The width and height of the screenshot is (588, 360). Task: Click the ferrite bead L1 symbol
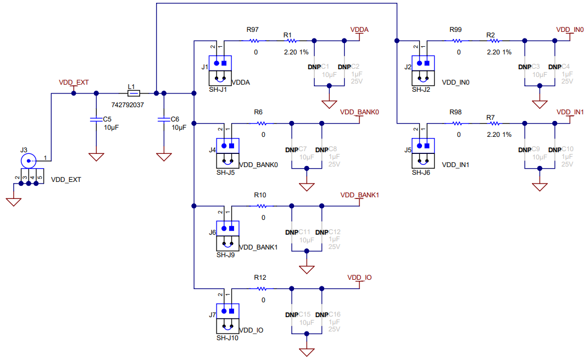[134, 93]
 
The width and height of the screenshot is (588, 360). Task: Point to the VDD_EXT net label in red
[74, 82]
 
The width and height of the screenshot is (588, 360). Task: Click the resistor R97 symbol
[256, 41]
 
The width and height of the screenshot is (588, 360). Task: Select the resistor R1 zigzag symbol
[291, 41]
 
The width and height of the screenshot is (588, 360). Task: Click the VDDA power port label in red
[359, 29]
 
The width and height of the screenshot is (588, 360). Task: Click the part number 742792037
[127, 104]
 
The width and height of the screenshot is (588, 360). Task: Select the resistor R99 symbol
[457, 41]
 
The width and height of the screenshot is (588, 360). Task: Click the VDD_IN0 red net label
[570, 29]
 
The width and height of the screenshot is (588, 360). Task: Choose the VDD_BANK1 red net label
[360, 195]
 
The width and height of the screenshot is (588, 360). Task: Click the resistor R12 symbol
[262, 289]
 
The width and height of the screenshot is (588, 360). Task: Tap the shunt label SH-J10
[228, 338]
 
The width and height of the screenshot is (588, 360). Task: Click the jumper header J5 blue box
[423, 145]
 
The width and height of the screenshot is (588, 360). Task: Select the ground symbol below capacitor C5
[96, 157]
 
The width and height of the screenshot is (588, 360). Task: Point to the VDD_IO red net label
[359, 278]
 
